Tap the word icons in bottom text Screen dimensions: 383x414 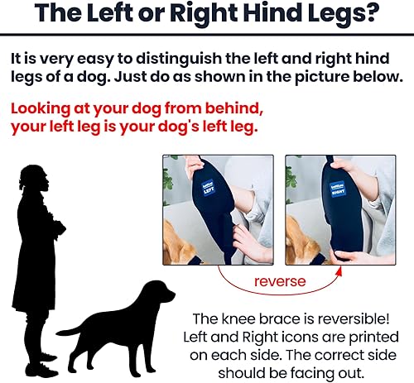(x=315, y=337)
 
